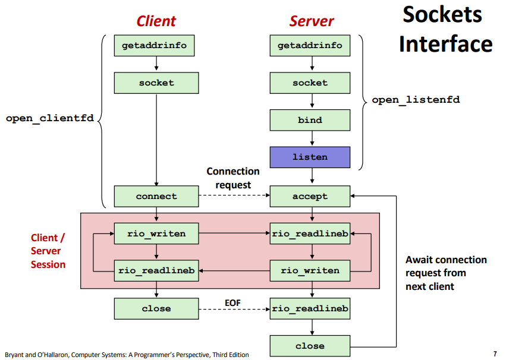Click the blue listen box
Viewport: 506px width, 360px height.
pyautogui.click(x=310, y=157)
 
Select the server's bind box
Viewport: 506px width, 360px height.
pyautogui.click(x=310, y=120)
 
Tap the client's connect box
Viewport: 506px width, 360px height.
pyautogui.click(x=156, y=196)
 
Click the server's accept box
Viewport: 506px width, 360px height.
pyautogui.click(x=310, y=196)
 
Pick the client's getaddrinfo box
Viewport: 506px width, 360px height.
pyautogui.click(x=156, y=46)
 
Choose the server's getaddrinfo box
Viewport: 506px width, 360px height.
pyautogui.click(x=310, y=46)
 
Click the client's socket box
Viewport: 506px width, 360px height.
pyautogui.click(x=156, y=83)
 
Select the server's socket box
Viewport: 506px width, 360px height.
pyautogui.click(x=310, y=83)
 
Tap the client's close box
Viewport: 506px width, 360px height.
pyautogui.click(x=156, y=308)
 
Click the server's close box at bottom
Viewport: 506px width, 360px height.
pyautogui.click(x=310, y=346)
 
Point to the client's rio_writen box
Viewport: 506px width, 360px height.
pyautogui.click(x=156, y=233)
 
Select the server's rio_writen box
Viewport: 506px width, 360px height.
pyautogui.click(x=310, y=270)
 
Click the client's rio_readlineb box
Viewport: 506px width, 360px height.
pyautogui.click(x=156, y=270)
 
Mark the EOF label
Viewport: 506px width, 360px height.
pyautogui.click(x=232, y=303)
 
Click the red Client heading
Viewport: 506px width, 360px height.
pyautogui.click(x=156, y=21)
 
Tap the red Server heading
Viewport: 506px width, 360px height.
pyautogui.click(x=312, y=21)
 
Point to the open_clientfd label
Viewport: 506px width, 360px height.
pyautogui.click(x=49, y=118)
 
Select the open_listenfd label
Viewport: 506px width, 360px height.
pyautogui.click(x=416, y=100)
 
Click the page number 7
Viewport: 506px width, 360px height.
pyautogui.click(x=495, y=354)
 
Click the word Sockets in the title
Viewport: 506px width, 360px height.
pyautogui.click(x=442, y=15)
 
